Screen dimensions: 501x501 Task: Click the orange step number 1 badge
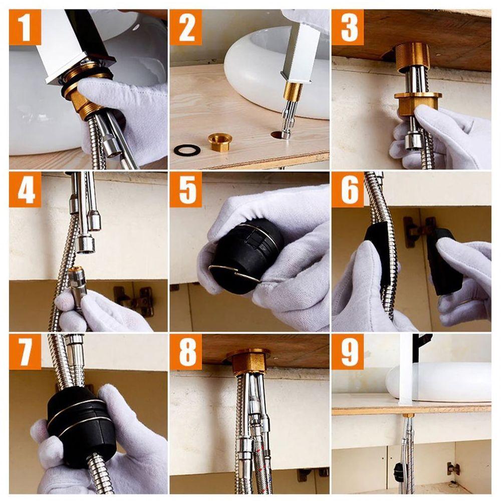[25, 27]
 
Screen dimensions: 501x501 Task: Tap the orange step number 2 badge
[186, 27]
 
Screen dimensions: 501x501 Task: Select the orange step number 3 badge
[348, 27]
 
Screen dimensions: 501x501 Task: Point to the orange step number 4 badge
[25, 189]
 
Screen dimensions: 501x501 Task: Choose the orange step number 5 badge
[186, 189]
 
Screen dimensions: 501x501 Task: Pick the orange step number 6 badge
[348, 189]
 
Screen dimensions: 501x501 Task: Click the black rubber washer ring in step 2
[187, 150]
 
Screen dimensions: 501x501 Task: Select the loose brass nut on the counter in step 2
[220, 142]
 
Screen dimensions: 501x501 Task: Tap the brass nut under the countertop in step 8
[248, 362]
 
